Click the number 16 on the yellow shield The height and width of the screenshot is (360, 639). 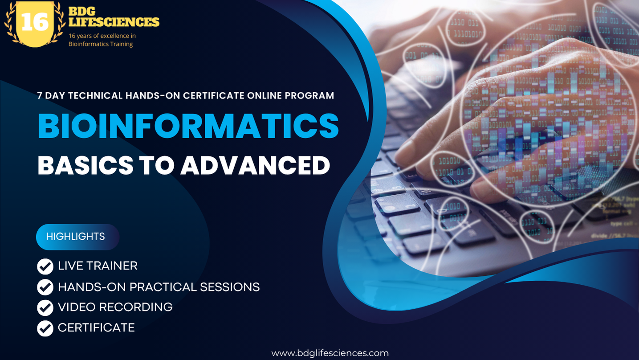[x=34, y=22]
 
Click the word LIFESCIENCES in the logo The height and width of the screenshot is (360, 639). [x=114, y=22]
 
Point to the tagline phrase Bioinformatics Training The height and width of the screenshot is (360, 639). [x=101, y=44]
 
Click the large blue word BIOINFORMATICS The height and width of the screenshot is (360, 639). [x=188, y=126]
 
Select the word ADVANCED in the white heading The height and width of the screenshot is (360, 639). [x=255, y=165]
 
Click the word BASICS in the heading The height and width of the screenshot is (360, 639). [x=85, y=165]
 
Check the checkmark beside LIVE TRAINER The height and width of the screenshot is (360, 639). [x=45, y=266]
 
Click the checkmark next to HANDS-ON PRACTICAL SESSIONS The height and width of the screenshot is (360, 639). [x=45, y=287]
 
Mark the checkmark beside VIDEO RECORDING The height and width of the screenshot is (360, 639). [x=45, y=307]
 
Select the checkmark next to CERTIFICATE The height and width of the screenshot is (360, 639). [x=45, y=328]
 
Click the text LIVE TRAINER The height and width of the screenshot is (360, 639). [x=98, y=266]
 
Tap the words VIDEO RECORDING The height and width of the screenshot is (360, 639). [x=115, y=307]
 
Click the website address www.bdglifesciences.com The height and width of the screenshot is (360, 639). [x=330, y=353]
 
